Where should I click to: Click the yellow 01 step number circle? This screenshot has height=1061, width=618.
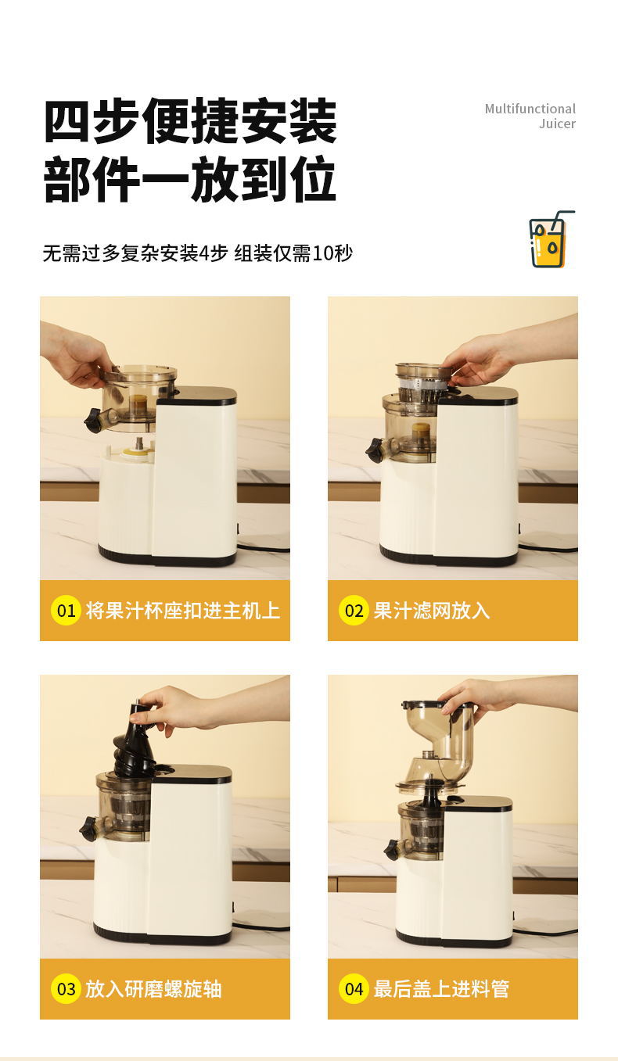66,611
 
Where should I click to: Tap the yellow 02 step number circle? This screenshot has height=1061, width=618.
354,611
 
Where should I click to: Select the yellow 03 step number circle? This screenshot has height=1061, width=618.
66,989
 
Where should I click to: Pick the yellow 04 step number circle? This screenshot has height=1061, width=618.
354,989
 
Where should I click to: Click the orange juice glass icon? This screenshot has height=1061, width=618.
549,241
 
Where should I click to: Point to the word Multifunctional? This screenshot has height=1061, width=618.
530,109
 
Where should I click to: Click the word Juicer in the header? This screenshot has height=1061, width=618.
556,124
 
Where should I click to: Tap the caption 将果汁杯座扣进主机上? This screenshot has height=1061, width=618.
182,611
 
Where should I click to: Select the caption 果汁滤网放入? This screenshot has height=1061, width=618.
431,611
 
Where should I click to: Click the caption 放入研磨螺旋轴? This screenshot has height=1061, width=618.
153,989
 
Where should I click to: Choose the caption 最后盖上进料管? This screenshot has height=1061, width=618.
441,989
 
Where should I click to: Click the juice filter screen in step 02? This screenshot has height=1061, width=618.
423,383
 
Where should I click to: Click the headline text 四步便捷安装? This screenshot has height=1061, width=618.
190,121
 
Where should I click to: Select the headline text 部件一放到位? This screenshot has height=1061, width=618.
190,180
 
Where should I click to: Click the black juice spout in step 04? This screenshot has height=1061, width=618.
393,849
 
